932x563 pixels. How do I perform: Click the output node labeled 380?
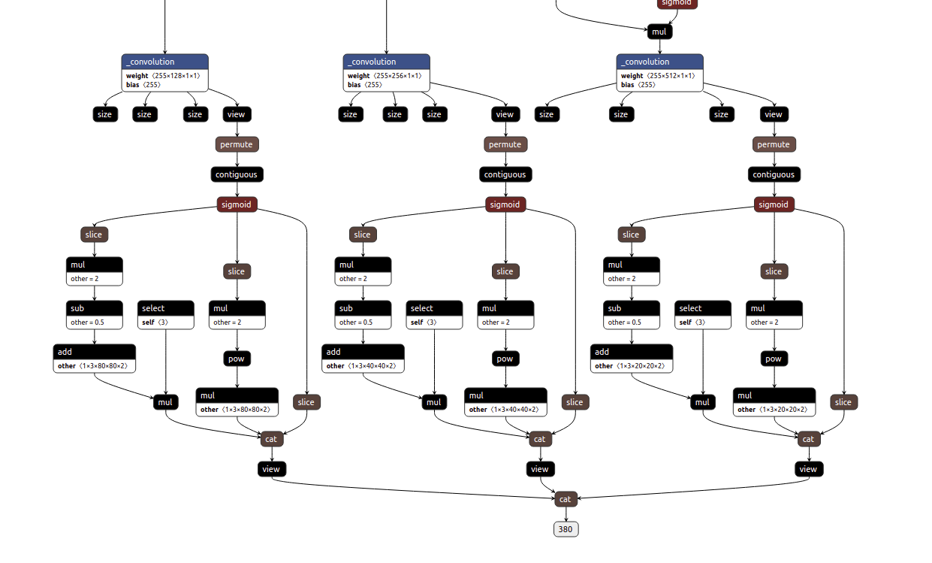coord(566,529)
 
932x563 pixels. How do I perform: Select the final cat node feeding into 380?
coord(566,499)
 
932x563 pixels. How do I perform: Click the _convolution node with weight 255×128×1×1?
coord(164,73)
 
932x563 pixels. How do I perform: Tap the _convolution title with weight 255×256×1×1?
coord(386,62)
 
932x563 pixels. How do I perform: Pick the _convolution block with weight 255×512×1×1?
coord(659,73)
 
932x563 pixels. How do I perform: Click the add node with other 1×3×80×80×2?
coord(94,359)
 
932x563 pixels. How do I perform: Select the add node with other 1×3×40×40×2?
coord(363,359)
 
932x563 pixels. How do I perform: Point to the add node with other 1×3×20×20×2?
coord(631,359)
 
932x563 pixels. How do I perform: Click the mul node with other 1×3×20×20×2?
coord(774,402)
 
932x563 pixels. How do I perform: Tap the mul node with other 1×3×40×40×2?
coord(505,402)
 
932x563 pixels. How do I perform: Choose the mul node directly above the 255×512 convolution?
coord(659,32)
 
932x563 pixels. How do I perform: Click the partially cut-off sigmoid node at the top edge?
coord(677,4)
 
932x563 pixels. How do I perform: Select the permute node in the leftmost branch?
coord(237,144)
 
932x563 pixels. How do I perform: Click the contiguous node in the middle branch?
coord(505,174)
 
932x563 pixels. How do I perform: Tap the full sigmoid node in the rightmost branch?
coord(774,204)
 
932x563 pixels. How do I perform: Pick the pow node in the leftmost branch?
coord(237,359)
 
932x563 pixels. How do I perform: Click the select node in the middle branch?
coord(434,315)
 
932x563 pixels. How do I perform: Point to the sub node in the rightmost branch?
coord(631,315)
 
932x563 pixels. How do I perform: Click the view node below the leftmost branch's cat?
coord(271,469)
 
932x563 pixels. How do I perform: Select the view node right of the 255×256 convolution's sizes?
coord(505,114)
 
